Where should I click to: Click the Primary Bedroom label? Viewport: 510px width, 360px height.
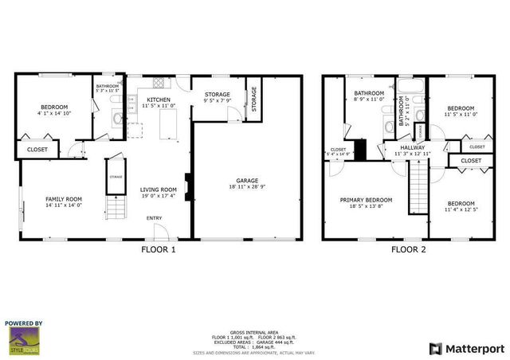pos(366,200)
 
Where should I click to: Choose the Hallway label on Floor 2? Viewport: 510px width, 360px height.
pos(413,147)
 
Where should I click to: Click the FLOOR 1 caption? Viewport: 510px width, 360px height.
pos(159,249)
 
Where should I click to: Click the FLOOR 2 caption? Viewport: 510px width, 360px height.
pos(409,249)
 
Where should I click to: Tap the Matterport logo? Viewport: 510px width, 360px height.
pos(466,348)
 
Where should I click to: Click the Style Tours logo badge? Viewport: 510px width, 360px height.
pos(24,338)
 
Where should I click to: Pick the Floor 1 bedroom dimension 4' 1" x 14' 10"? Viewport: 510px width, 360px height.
pos(55,113)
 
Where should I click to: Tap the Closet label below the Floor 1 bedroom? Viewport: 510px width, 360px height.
pos(37,149)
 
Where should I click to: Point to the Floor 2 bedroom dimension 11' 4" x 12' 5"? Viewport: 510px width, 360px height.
pos(460,210)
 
